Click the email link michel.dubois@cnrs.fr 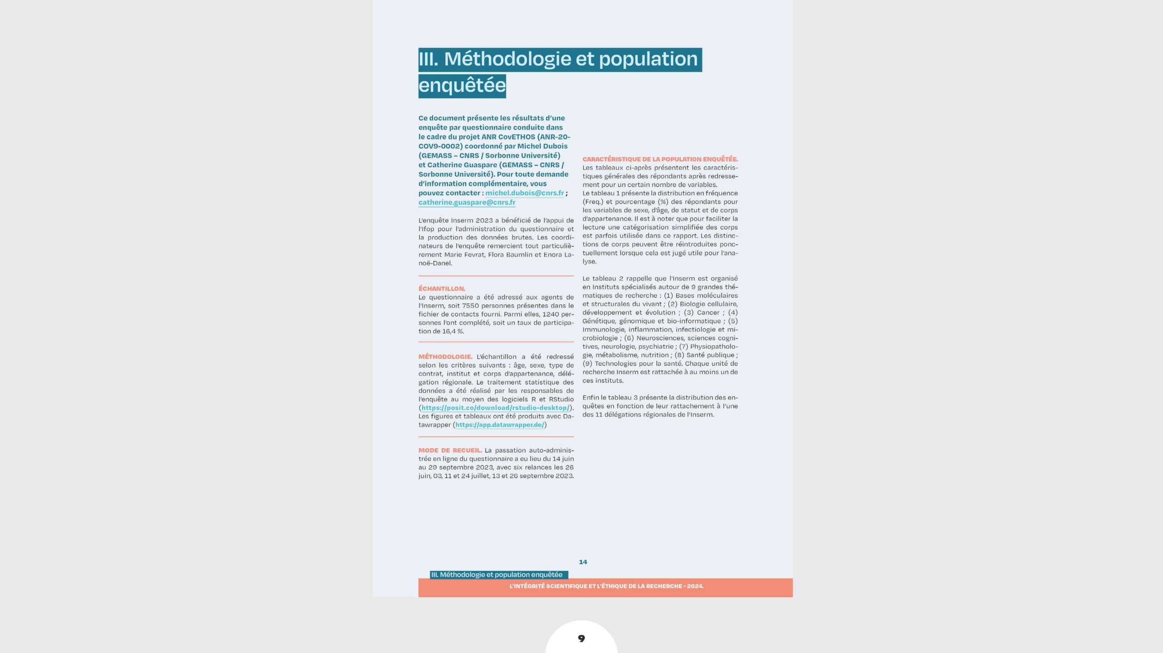(524, 193)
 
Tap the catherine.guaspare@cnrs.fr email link (467, 203)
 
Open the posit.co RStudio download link (495, 408)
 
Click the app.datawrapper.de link (499, 425)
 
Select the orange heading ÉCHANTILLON (442, 289)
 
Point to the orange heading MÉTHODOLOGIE (445, 357)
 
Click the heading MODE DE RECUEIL (450, 450)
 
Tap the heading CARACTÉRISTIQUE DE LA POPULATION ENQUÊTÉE (660, 159)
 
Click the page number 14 (583, 562)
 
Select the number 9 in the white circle (581, 638)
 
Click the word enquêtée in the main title (462, 86)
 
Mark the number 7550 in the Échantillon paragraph (470, 306)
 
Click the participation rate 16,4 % (453, 331)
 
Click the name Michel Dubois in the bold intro (542, 146)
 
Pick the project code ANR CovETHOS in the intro (508, 137)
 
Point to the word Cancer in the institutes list (707, 313)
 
